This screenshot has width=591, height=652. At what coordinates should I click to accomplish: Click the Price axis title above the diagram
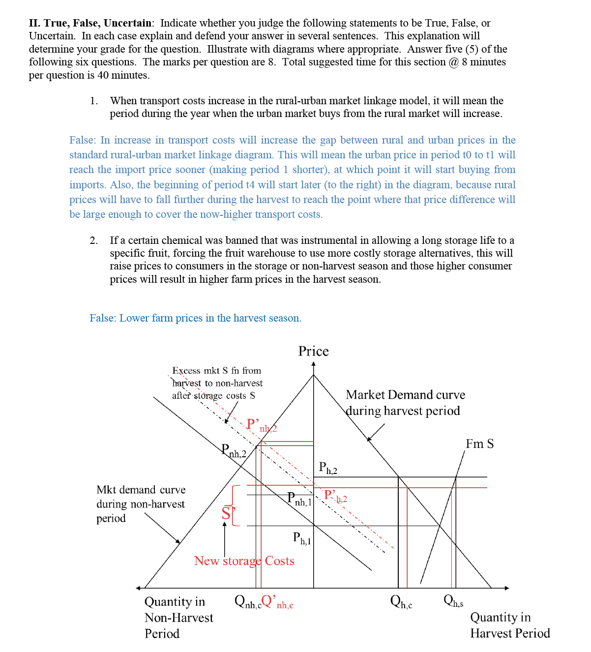coord(313,351)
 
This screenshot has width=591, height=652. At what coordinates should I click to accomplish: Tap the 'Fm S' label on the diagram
coord(479,444)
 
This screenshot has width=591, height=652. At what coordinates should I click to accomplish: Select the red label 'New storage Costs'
coord(244,561)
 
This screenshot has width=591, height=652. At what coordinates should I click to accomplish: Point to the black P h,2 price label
coord(327,468)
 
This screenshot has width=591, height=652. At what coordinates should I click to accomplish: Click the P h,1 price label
coord(302,538)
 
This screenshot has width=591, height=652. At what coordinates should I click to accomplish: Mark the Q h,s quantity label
coord(453,600)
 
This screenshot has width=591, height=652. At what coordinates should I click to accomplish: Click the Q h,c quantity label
coord(401,601)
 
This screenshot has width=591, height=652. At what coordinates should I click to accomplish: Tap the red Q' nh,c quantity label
coord(277,602)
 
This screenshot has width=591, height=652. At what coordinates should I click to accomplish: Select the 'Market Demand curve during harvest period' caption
coord(405,403)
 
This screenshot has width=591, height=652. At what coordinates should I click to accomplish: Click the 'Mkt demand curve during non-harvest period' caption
coord(141,504)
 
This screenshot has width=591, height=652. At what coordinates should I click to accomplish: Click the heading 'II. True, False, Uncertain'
coord(90,23)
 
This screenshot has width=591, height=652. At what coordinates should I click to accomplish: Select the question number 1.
coord(93,101)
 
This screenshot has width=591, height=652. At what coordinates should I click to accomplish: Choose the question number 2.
coord(93,240)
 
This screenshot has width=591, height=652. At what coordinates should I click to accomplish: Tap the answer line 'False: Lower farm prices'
coord(195,318)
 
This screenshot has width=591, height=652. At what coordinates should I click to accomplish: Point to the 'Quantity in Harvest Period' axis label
coord(509,625)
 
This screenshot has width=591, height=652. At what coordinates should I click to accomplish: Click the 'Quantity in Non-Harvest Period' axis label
coord(178,618)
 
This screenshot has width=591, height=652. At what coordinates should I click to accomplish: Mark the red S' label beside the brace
coord(226,513)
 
